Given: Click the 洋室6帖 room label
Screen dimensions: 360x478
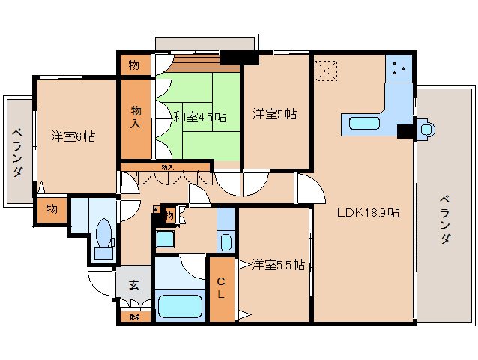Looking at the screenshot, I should tap(73, 136).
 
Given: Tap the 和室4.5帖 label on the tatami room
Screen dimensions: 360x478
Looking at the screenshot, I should tap(200, 116).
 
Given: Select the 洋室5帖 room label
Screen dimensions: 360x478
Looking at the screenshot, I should tap(274, 114).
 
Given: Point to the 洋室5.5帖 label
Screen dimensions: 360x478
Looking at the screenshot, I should tap(277, 265).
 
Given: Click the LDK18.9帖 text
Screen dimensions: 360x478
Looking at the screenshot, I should tap(367, 212).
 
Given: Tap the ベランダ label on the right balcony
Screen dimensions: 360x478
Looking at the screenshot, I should tap(444, 218).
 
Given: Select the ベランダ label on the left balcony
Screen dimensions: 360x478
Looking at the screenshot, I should tap(16, 152).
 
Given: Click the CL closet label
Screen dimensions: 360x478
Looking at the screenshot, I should tap(222, 287).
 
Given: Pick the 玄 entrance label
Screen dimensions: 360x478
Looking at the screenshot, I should tap(133, 284).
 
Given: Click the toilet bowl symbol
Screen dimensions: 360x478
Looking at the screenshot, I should tap(104, 233).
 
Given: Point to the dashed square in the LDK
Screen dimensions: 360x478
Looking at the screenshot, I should tap(327, 71).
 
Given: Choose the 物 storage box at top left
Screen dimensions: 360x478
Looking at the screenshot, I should tap(133, 65).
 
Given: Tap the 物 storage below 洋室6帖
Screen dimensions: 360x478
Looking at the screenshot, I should tap(50, 208).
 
